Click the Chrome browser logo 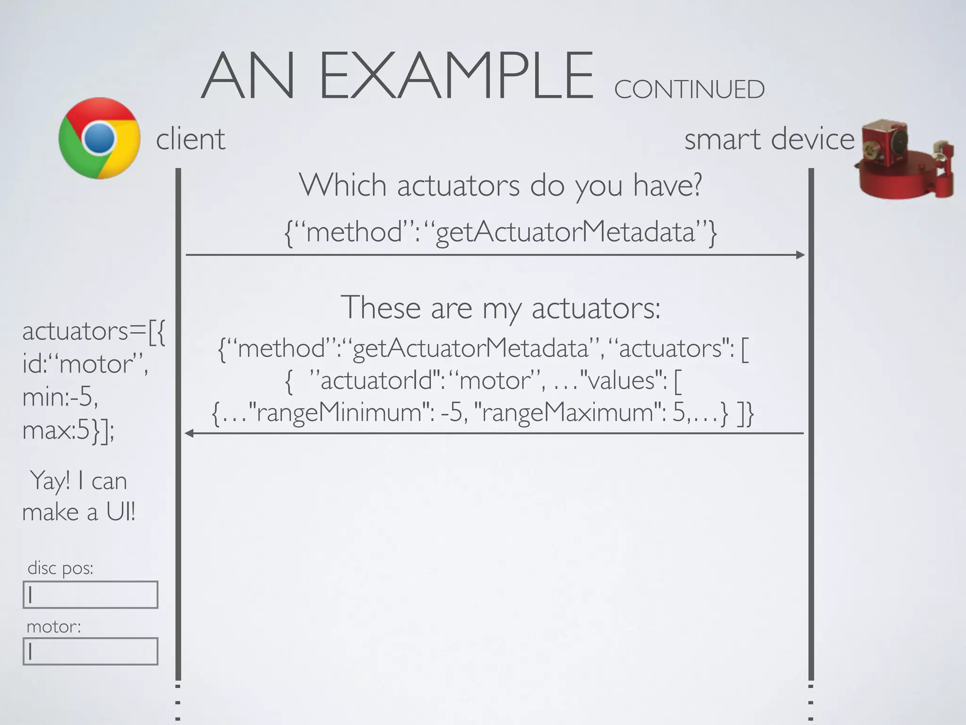(100, 138)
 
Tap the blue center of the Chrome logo (100, 138)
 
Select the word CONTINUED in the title (689, 90)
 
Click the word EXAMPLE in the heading (456, 76)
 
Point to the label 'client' (191, 139)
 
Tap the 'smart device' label (769, 139)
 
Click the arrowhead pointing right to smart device (800, 255)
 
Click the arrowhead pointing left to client (189, 433)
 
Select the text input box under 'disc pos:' (91, 595)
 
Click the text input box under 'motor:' (91, 651)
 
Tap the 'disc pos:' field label (60, 568)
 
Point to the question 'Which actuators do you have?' (500, 185)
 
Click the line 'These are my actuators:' (500, 308)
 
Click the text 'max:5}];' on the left (68, 430)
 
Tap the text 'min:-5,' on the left (60, 397)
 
